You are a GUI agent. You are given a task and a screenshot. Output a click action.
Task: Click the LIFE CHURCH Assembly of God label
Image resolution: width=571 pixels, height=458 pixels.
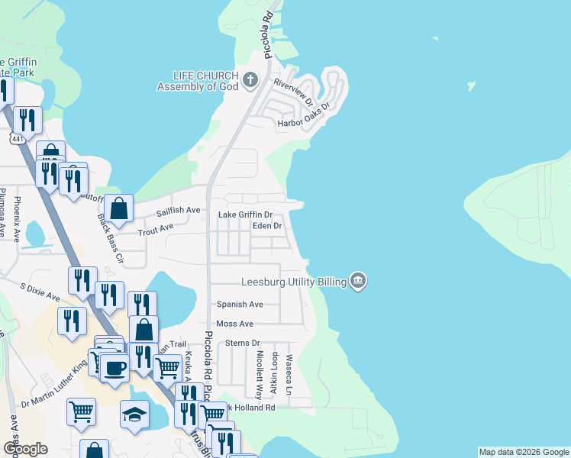click(198, 80)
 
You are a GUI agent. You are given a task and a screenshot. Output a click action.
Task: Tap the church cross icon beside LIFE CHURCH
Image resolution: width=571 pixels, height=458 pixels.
click(250, 79)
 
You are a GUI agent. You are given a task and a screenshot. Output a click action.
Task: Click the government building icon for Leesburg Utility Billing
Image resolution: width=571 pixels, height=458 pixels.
click(358, 282)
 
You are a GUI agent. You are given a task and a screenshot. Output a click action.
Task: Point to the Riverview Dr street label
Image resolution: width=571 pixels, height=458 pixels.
click(294, 92)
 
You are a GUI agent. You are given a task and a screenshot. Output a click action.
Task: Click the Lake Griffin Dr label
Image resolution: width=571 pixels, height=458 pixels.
click(246, 215)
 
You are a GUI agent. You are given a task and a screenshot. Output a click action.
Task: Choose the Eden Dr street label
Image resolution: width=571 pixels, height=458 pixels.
click(267, 226)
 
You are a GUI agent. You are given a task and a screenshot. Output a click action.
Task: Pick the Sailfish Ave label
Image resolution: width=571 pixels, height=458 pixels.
click(178, 210)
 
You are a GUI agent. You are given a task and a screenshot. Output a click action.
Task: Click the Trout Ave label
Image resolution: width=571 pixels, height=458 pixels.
click(156, 227)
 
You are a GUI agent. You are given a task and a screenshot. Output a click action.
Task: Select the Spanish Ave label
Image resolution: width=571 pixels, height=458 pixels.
click(240, 305)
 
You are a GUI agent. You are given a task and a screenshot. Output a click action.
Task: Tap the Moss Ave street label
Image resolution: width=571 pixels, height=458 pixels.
click(234, 324)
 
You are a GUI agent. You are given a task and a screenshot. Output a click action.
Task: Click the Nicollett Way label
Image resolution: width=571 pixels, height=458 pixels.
click(260, 369)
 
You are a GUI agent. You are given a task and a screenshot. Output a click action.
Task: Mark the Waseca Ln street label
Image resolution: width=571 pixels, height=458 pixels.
click(289, 373)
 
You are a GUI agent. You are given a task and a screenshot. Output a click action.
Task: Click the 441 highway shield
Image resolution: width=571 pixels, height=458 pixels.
click(17, 138)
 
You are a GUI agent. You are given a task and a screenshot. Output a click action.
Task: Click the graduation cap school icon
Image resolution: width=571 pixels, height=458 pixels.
click(134, 414)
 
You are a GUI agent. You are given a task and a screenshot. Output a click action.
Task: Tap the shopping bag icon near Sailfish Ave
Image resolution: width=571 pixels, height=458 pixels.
click(120, 207)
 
